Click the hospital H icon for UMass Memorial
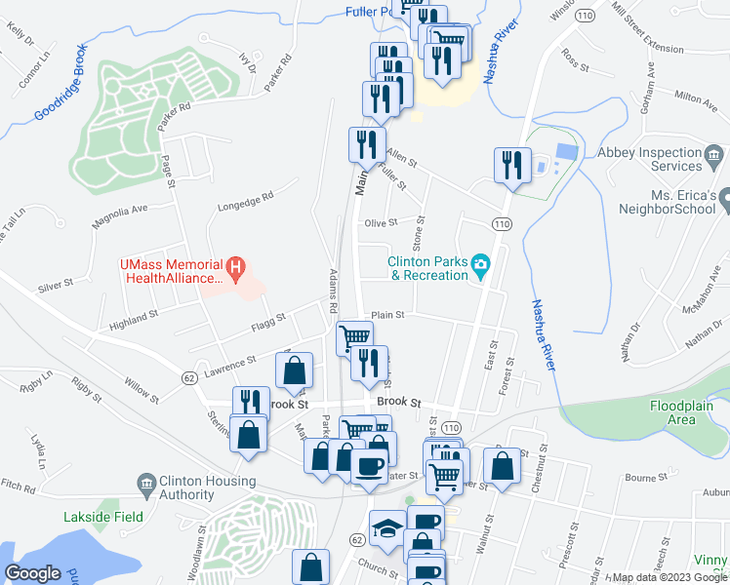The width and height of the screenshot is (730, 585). [x=234, y=265]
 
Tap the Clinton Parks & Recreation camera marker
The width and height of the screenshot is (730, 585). [x=480, y=264]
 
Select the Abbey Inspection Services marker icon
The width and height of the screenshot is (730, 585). [x=713, y=154]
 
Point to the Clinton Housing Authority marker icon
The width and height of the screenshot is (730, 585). [x=146, y=482]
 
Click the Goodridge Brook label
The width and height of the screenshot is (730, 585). [x=61, y=83]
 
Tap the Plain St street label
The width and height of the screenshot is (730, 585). [x=387, y=315]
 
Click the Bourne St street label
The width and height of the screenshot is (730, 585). [x=645, y=479]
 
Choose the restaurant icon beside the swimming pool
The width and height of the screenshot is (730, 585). [x=511, y=165]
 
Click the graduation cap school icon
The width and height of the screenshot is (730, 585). [x=387, y=526]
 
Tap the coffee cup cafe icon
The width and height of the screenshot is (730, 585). [x=368, y=467]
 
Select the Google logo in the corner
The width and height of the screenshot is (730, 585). [x=33, y=572]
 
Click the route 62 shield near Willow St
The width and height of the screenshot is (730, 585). [x=188, y=375]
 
